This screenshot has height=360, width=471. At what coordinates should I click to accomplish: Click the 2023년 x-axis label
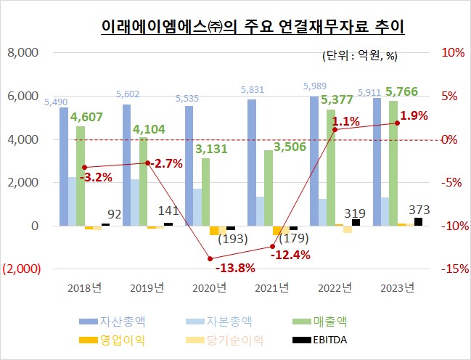(397, 287)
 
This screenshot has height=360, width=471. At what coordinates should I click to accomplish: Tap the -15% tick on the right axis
(450, 269)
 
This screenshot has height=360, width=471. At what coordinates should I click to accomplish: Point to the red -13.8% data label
(215, 268)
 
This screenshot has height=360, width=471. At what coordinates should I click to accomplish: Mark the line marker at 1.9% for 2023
(397, 123)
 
